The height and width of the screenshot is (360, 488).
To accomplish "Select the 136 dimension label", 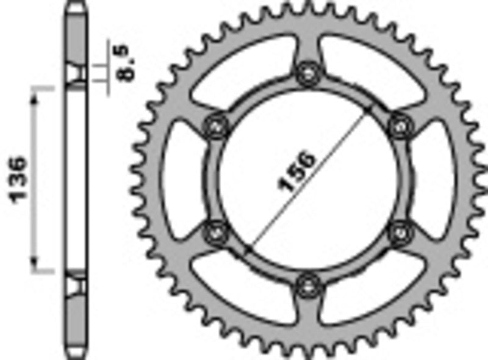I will tap(18, 179).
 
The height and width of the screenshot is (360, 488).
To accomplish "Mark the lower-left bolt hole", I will tap(215, 232).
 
